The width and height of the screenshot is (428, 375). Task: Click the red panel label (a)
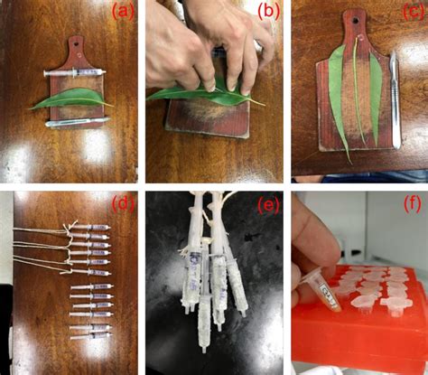tap(123, 13)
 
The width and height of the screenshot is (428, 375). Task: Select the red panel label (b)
tap(268, 13)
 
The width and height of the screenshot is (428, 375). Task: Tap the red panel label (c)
tap(410, 13)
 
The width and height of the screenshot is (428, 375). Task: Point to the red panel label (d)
tap(123, 203)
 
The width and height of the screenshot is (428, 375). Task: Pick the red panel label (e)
tap(268, 203)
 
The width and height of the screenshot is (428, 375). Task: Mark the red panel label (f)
tap(410, 203)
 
